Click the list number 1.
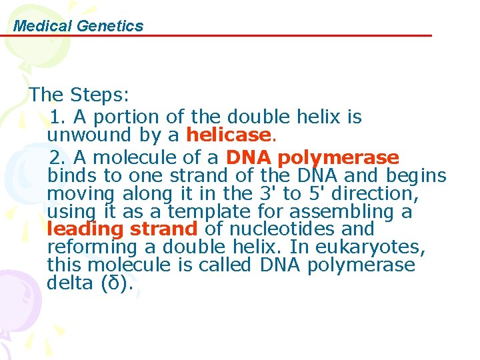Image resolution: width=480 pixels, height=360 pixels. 57,117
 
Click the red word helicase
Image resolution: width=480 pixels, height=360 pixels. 227,135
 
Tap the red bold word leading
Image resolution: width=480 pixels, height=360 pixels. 85,229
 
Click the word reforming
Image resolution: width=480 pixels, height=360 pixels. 90,247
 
